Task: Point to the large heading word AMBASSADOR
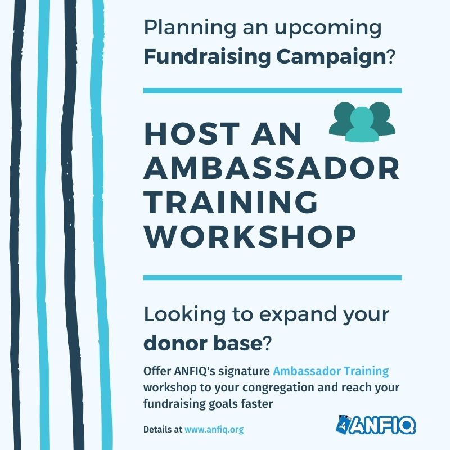272,169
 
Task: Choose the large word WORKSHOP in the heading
250,237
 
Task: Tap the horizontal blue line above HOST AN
272,90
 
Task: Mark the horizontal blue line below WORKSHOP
272,277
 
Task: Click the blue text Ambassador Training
331,371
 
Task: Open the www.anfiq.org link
214,429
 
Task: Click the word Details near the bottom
158,429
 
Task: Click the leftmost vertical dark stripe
22,225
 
